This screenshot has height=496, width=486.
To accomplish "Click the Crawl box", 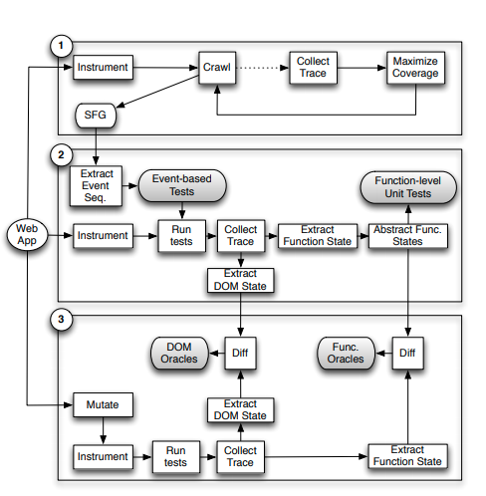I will click(x=217, y=68).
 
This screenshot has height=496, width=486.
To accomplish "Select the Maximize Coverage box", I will click(x=414, y=68).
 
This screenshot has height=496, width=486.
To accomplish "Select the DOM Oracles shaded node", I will click(x=178, y=352).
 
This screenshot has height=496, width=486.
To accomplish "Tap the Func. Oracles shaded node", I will click(x=346, y=352).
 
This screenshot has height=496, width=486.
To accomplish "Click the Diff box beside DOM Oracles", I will click(x=239, y=352).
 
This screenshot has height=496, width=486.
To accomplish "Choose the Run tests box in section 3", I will click(x=175, y=456).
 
